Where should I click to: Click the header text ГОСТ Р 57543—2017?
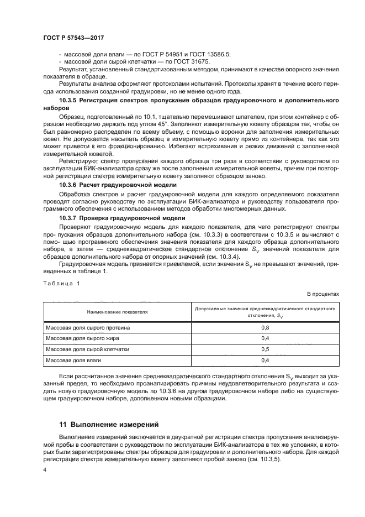click(x=73, y=37)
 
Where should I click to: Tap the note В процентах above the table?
click(x=322, y=295)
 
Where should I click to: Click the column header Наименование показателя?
click(x=117, y=312)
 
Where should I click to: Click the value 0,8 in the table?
click(x=265, y=328)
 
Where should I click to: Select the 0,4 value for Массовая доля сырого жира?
click(x=265, y=338)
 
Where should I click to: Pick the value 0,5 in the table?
click(x=265, y=349)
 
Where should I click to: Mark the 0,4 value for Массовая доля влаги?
click(x=265, y=361)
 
